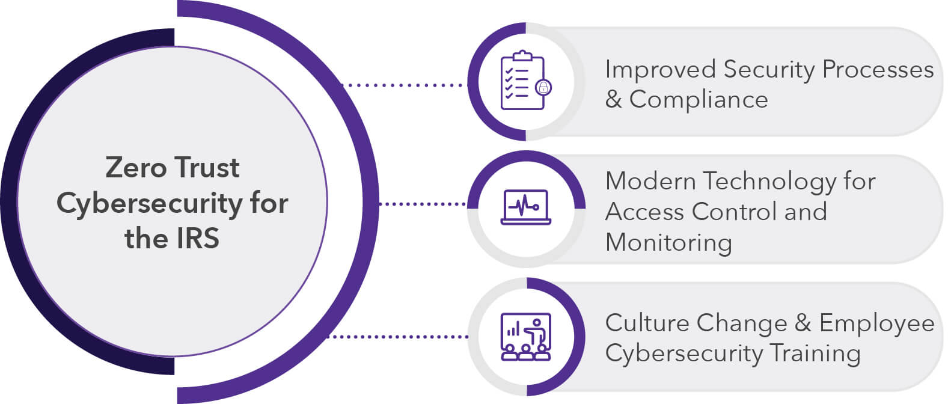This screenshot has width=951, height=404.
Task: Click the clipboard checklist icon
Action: [x=522, y=81]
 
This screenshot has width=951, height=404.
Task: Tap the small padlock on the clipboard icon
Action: [x=543, y=88]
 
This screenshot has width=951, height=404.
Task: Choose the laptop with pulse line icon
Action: [x=526, y=207]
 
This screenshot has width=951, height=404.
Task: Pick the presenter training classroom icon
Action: [x=526, y=337]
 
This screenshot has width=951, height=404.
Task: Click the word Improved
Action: [x=659, y=70]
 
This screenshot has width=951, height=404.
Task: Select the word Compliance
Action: [x=699, y=100]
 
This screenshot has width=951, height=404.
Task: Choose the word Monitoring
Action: [x=668, y=243]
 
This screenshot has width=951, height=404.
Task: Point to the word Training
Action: [x=815, y=353]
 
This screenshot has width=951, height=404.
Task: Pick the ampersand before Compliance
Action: [x=613, y=100]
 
